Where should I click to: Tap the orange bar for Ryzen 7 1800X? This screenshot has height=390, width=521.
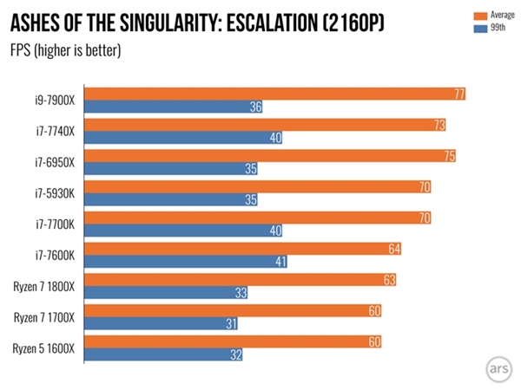click(x=242, y=279)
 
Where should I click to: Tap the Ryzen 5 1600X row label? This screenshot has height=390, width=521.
click(x=44, y=348)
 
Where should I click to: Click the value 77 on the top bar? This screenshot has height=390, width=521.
click(x=456, y=94)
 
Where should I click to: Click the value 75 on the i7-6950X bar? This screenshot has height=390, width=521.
click(x=446, y=155)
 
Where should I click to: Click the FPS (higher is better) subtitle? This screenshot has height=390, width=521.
click(x=65, y=49)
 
